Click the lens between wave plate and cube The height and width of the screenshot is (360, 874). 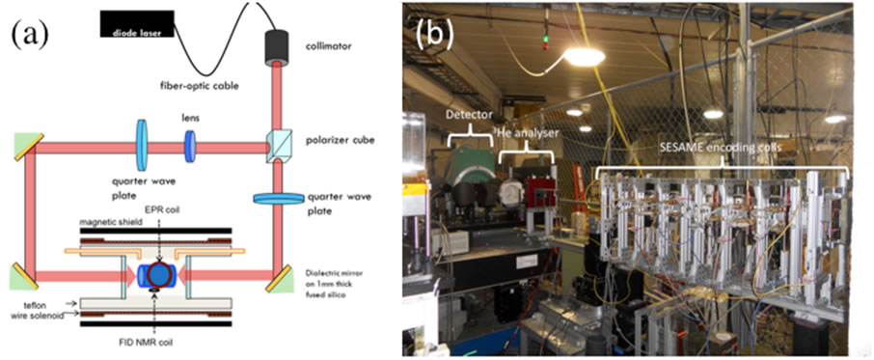190,149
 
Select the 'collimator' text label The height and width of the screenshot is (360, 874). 330,43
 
